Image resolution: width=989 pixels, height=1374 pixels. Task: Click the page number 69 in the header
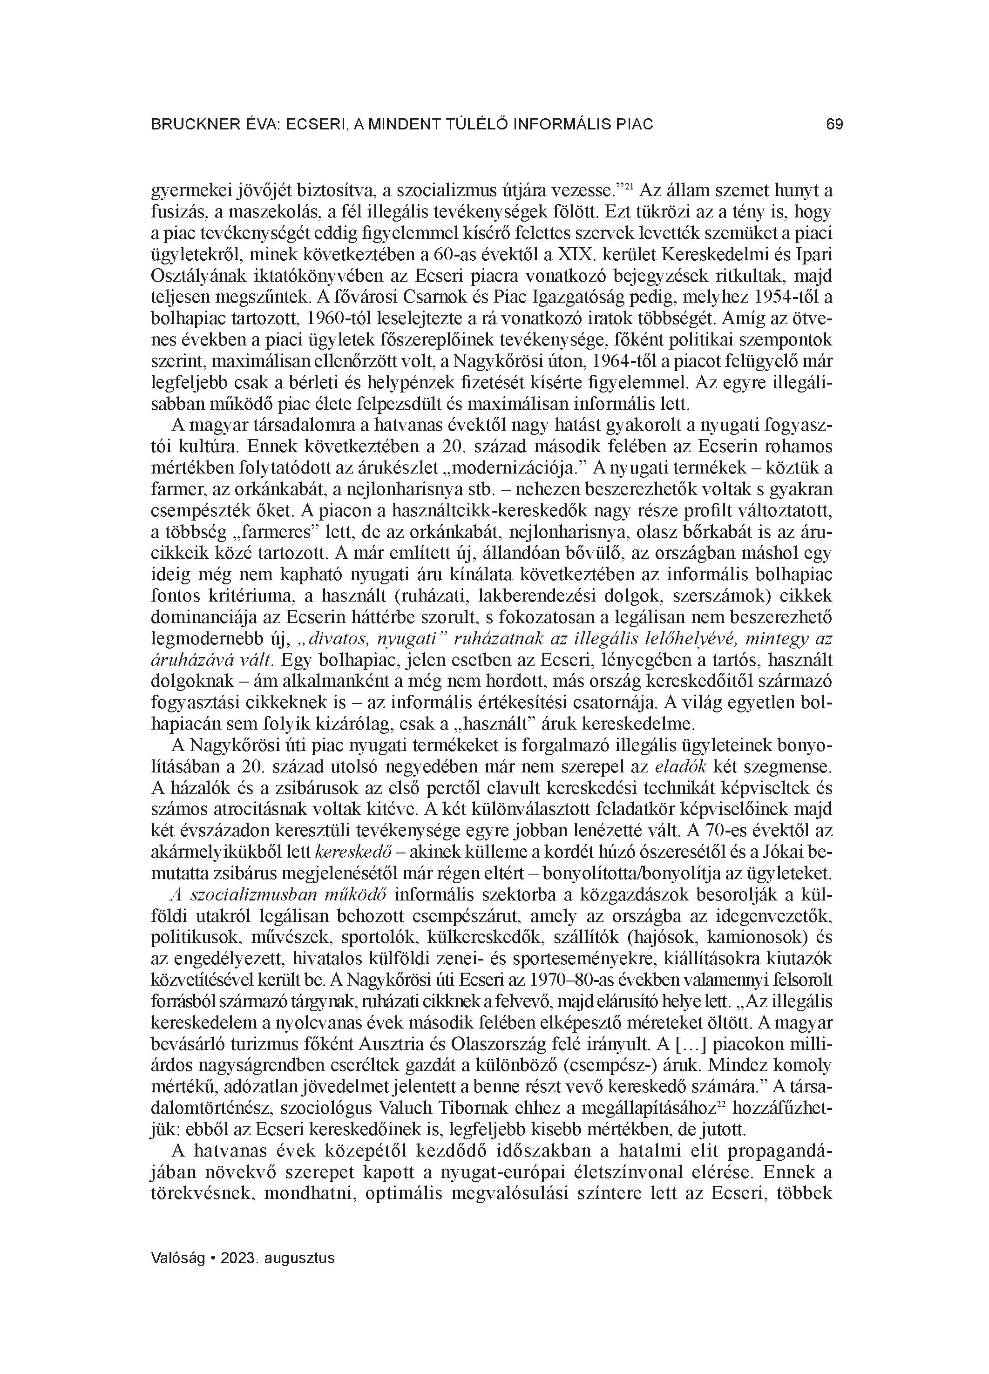[834, 125]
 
